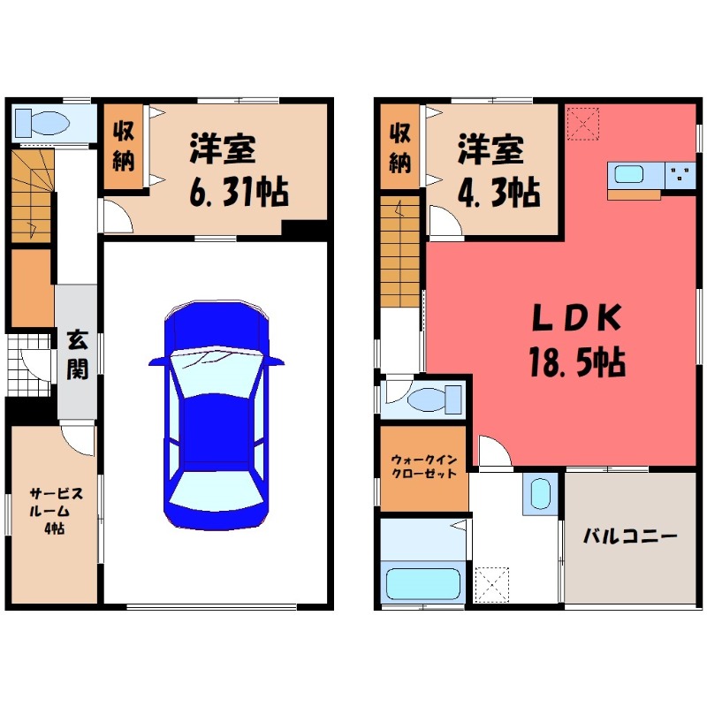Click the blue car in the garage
(217, 415)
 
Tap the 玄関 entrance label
(77, 354)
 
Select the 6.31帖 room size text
(238, 192)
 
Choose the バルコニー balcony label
(629, 536)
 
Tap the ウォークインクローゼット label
(423, 467)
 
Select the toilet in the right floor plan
(425, 398)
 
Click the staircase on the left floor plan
(33, 194)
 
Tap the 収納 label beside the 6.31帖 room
(123, 146)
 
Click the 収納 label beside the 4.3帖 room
(400, 147)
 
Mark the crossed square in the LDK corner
(582, 122)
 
